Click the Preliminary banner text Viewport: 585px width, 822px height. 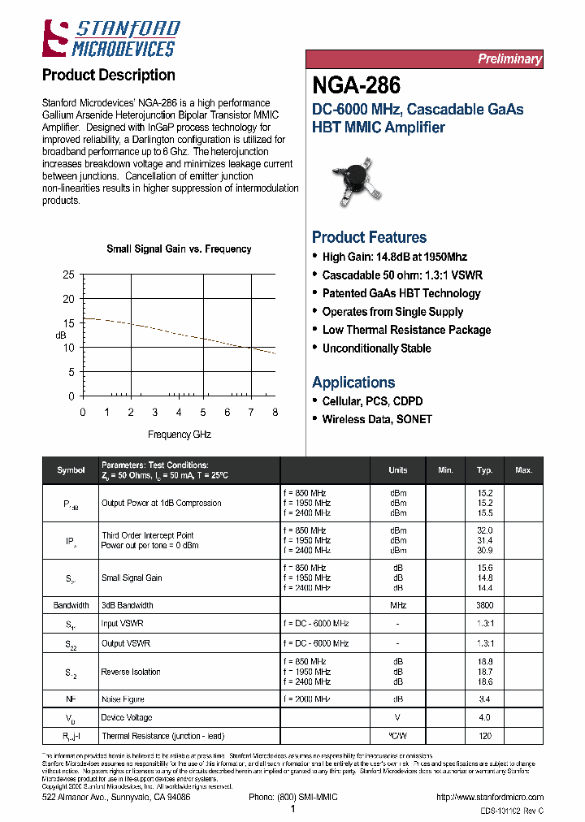pos(509,58)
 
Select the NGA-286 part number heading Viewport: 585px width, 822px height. pos(356,84)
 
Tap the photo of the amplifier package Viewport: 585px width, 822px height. pos(358,181)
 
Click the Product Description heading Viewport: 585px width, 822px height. pos(108,76)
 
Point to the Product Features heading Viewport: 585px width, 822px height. pos(369,237)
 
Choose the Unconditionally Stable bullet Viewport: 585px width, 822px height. pos(376,348)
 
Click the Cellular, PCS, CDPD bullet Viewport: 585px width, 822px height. pos(372,401)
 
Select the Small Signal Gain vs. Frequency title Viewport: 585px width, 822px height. pos(179,249)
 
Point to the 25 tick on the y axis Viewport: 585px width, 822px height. pos(68,275)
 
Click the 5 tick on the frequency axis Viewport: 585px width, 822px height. pos(203,413)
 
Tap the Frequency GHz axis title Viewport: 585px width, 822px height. pos(179,435)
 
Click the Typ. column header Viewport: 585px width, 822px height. pos(484,470)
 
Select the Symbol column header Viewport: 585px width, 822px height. pos(71,470)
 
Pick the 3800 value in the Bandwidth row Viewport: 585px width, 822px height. pos(485,605)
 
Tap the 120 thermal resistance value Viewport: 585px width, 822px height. pos(485,736)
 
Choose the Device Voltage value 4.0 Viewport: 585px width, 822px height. pos(485,717)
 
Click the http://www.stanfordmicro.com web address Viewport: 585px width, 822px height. pos(489,798)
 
